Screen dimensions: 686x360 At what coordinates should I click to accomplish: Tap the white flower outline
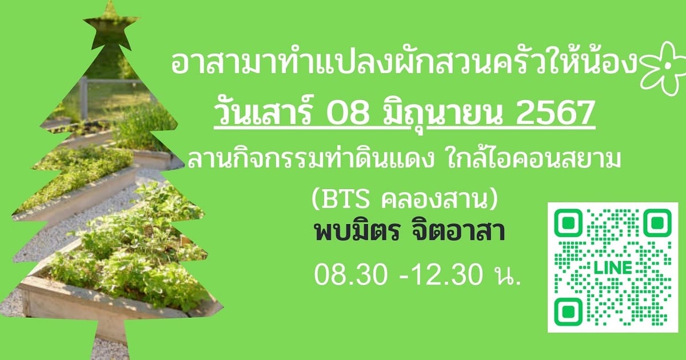tap(663, 69)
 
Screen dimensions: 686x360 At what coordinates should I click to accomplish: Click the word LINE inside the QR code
tap(613, 268)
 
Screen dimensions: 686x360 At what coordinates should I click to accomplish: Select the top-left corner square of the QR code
tap(568, 222)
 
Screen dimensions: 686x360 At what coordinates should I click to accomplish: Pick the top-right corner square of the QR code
tap(657, 222)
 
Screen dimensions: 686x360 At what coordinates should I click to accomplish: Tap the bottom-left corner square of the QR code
tap(568, 312)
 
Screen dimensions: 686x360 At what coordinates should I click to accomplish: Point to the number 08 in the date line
tap(347, 113)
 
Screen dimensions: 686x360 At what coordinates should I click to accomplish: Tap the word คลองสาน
tap(434, 199)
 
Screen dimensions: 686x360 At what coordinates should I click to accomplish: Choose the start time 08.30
tap(351, 275)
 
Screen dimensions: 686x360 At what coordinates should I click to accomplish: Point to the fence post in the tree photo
tap(83, 97)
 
